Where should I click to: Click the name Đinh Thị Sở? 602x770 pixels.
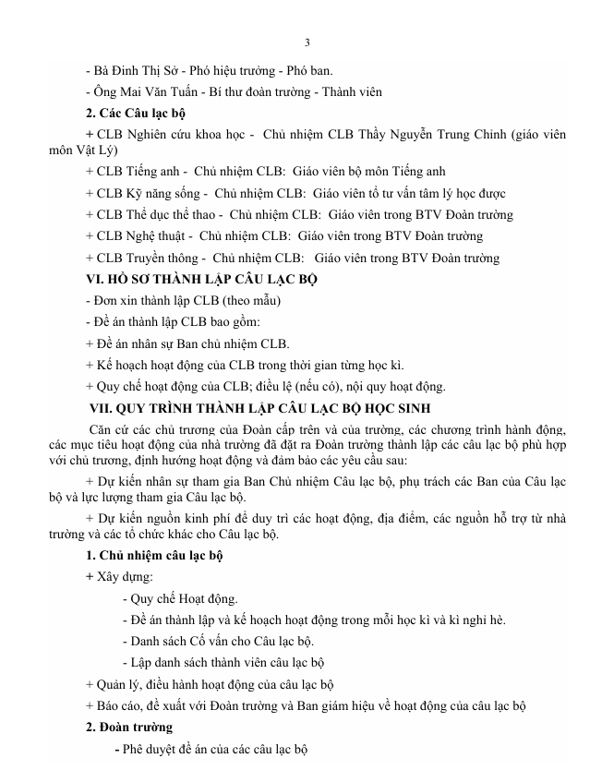click(136, 70)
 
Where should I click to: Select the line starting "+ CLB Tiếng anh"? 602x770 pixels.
click(265, 172)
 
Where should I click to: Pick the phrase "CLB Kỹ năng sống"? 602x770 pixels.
click(148, 194)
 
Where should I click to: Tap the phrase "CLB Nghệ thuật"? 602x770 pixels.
click(140, 237)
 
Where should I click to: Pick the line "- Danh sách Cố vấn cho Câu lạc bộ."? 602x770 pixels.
click(219, 640)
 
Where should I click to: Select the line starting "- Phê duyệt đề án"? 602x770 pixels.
click(210, 750)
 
